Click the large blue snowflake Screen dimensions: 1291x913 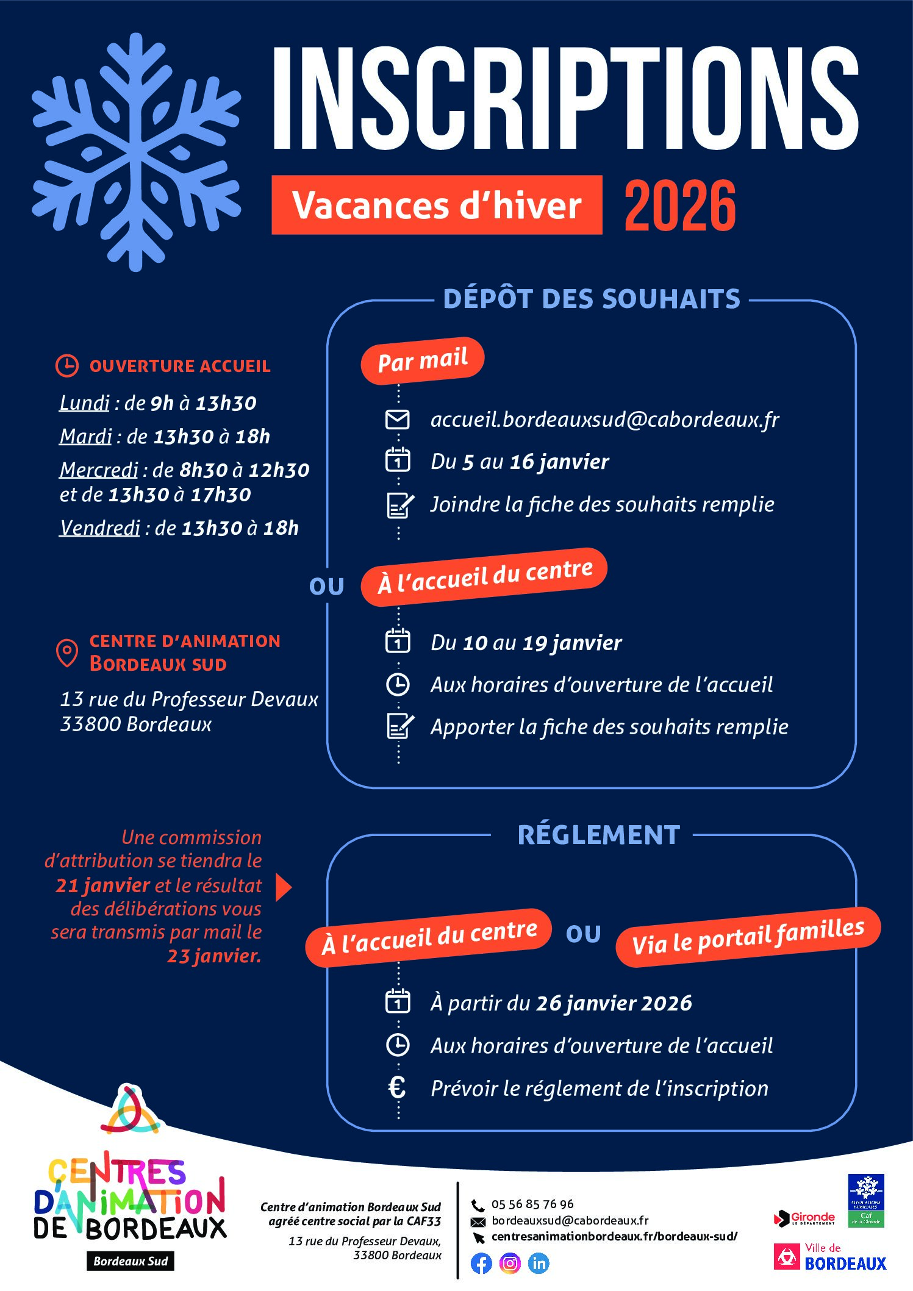[x=136, y=152]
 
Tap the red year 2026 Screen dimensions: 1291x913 [x=680, y=206]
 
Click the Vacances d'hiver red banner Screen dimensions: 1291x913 [x=437, y=205]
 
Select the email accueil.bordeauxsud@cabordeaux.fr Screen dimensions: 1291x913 [x=604, y=420]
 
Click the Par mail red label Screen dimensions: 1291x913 [x=423, y=360]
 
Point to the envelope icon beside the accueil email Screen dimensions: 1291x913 [x=398, y=420]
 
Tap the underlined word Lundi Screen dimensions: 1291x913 [x=84, y=403]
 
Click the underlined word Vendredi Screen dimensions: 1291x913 [x=99, y=527]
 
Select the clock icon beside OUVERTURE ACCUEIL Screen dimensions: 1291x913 [x=67, y=365]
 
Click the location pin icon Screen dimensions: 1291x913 [x=67, y=653]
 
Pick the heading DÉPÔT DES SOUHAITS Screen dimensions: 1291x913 [x=592, y=299]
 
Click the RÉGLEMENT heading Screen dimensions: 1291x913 [x=598, y=835]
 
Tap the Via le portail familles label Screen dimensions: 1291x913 [x=748, y=937]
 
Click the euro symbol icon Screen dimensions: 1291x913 [x=397, y=1088]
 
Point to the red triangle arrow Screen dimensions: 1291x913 [x=283, y=887]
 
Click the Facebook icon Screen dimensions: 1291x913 [x=481, y=1263]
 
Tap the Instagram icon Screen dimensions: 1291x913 [x=510, y=1263]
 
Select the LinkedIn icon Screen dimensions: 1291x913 [x=539, y=1263]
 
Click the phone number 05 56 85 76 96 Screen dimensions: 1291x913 [x=532, y=1204]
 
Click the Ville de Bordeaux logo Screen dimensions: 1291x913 [x=830, y=1257]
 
